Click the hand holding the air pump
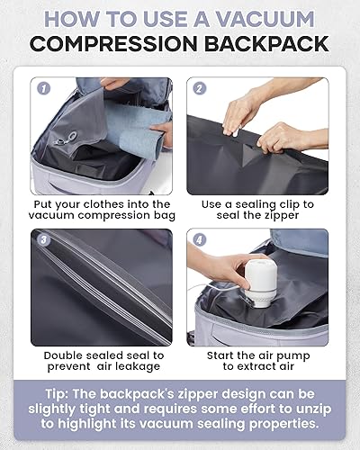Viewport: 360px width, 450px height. (x=216, y=270)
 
